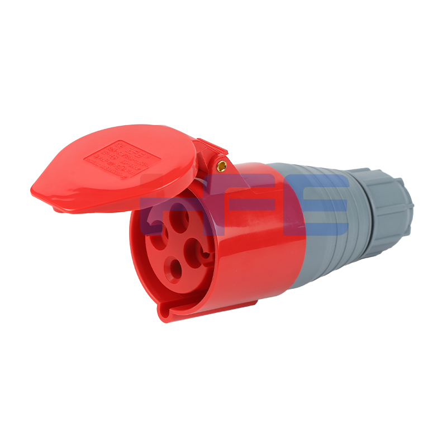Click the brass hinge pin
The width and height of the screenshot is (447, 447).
pos(222,165)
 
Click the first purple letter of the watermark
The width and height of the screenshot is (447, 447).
pos(168,204)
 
